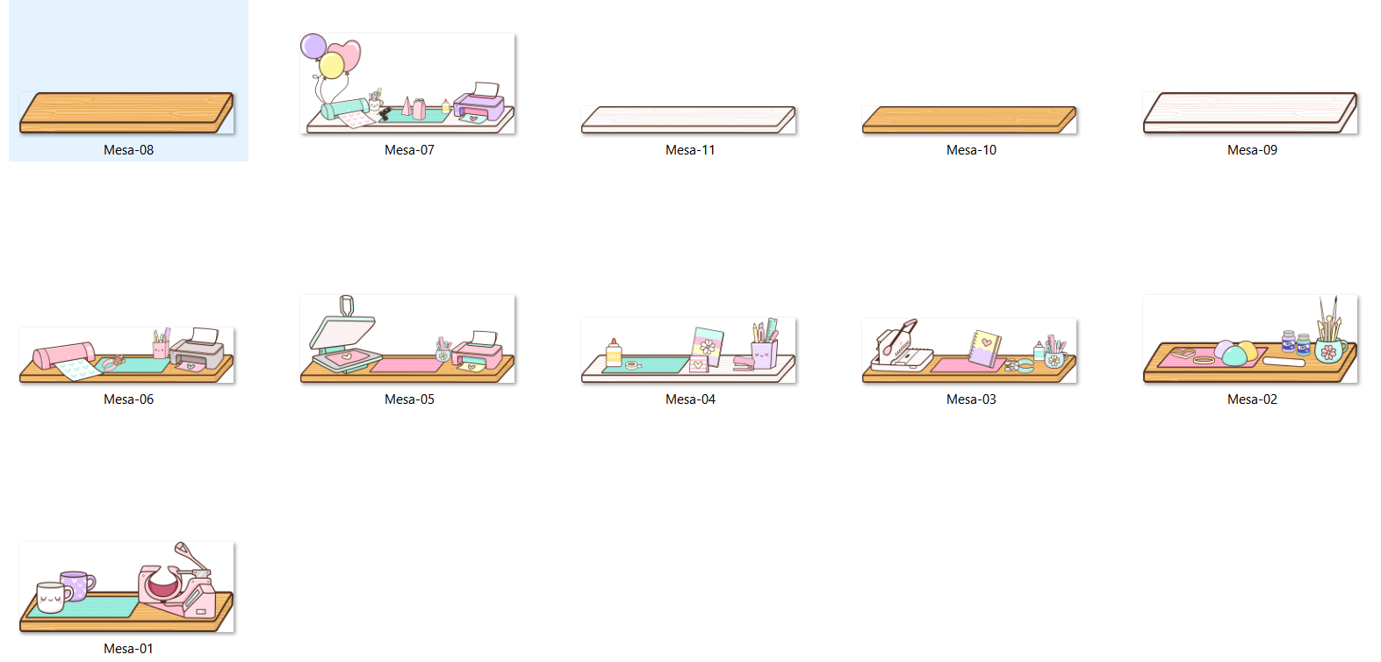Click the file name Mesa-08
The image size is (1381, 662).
click(x=128, y=150)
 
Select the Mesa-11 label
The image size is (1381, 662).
click(x=690, y=150)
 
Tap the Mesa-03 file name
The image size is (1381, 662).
click(x=971, y=399)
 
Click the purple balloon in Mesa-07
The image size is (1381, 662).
click(x=313, y=47)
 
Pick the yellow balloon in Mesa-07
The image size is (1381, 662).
click(x=332, y=65)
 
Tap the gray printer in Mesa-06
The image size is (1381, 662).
click(x=198, y=350)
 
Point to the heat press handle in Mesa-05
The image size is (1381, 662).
click(x=347, y=306)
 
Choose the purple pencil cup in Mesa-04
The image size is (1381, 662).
click(x=764, y=355)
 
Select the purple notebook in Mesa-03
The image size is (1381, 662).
click(x=984, y=349)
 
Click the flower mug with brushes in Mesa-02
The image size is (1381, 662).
click(x=1330, y=350)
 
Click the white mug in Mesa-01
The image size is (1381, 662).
click(x=54, y=597)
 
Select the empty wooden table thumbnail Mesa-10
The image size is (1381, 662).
click(x=969, y=119)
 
